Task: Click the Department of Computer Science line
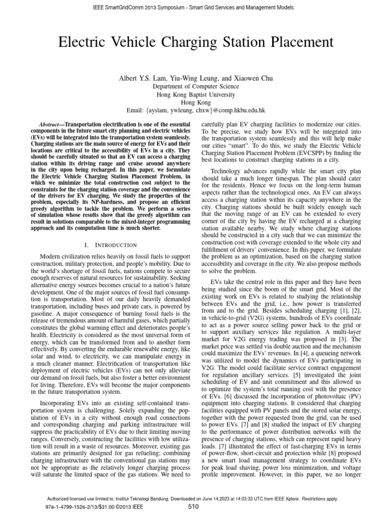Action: pyautogui.click(x=193, y=87)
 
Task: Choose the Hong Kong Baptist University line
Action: pyautogui.click(x=193, y=94)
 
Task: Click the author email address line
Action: pyautogui.click(x=193, y=110)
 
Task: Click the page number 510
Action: pyautogui.click(x=193, y=506)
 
